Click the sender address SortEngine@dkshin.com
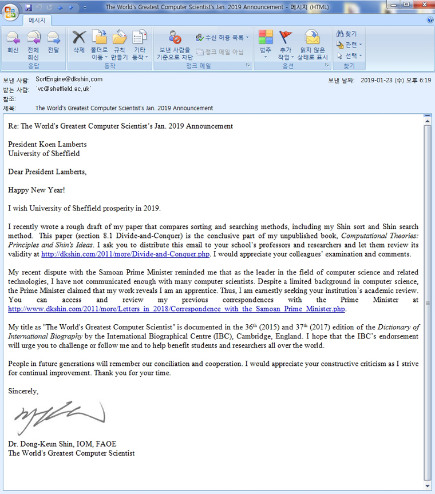coord(69,79)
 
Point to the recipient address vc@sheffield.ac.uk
coord(63,89)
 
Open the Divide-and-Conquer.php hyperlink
coord(129,254)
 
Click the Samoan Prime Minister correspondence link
coord(177,309)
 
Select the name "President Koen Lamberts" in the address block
coord(47,144)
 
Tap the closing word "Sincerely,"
coord(23,392)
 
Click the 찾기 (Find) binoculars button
coord(347,34)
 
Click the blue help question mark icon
coord(430,20)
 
